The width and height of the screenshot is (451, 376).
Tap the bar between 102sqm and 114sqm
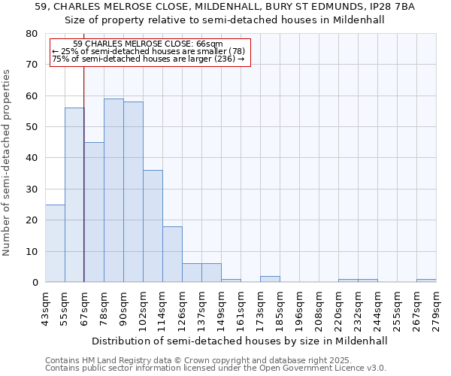153,226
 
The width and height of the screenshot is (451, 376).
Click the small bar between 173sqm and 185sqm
270,279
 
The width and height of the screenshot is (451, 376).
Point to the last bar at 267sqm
426,280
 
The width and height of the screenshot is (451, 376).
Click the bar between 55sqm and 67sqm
74,195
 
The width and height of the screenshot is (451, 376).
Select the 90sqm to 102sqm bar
133,192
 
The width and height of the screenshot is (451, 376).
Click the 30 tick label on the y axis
32,190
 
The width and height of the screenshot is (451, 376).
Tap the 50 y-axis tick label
32,127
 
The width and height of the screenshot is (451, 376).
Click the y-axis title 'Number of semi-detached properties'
7,162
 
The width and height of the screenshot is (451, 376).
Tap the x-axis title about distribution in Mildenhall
241,341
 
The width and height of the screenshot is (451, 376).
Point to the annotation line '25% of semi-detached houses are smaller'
148,51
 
